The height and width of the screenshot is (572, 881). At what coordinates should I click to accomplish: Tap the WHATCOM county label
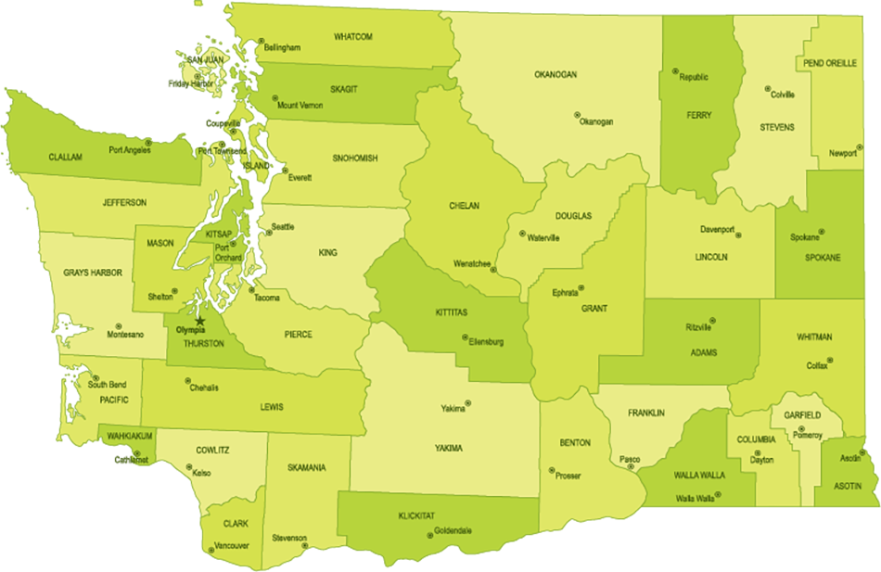[353, 36]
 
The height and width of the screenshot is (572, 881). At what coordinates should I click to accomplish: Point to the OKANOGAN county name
[555, 74]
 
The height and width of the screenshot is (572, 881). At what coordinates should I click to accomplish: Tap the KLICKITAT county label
[416, 515]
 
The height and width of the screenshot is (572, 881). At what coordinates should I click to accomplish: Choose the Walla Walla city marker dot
[719, 494]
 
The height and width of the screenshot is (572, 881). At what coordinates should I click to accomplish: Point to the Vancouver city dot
[212, 550]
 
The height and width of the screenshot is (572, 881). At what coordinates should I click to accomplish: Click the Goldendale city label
[453, 530]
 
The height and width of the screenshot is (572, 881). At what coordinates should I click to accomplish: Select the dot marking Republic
[675, 71]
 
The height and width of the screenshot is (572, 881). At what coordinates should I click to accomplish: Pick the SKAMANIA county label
[306, 468]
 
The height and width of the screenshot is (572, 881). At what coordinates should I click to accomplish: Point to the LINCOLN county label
[711, 257]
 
